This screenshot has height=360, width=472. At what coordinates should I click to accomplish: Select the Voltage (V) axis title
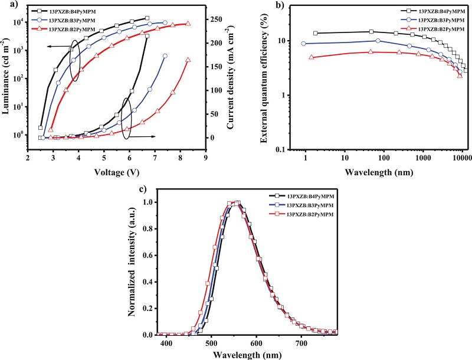116,174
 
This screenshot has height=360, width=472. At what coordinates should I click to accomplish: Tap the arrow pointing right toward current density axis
157,136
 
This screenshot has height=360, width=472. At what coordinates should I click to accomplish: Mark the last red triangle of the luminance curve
188,24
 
